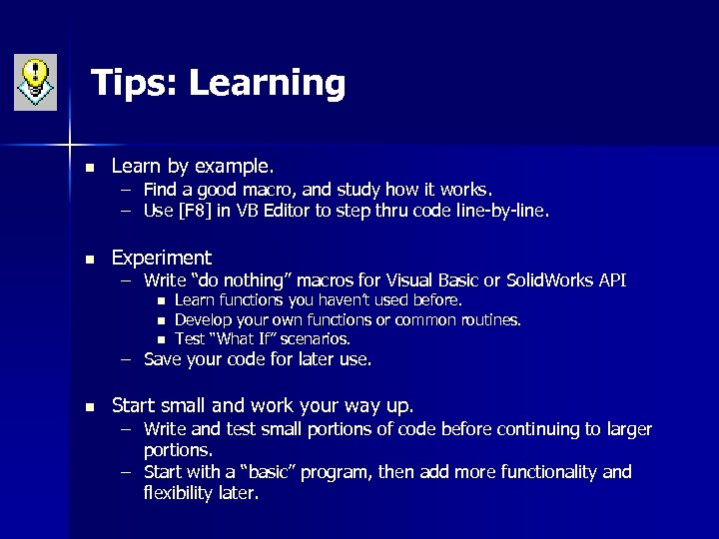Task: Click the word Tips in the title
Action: click(x=130, y=83)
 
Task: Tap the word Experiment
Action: click(x=162, y=258)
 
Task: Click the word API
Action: click(x=611, y=280)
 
